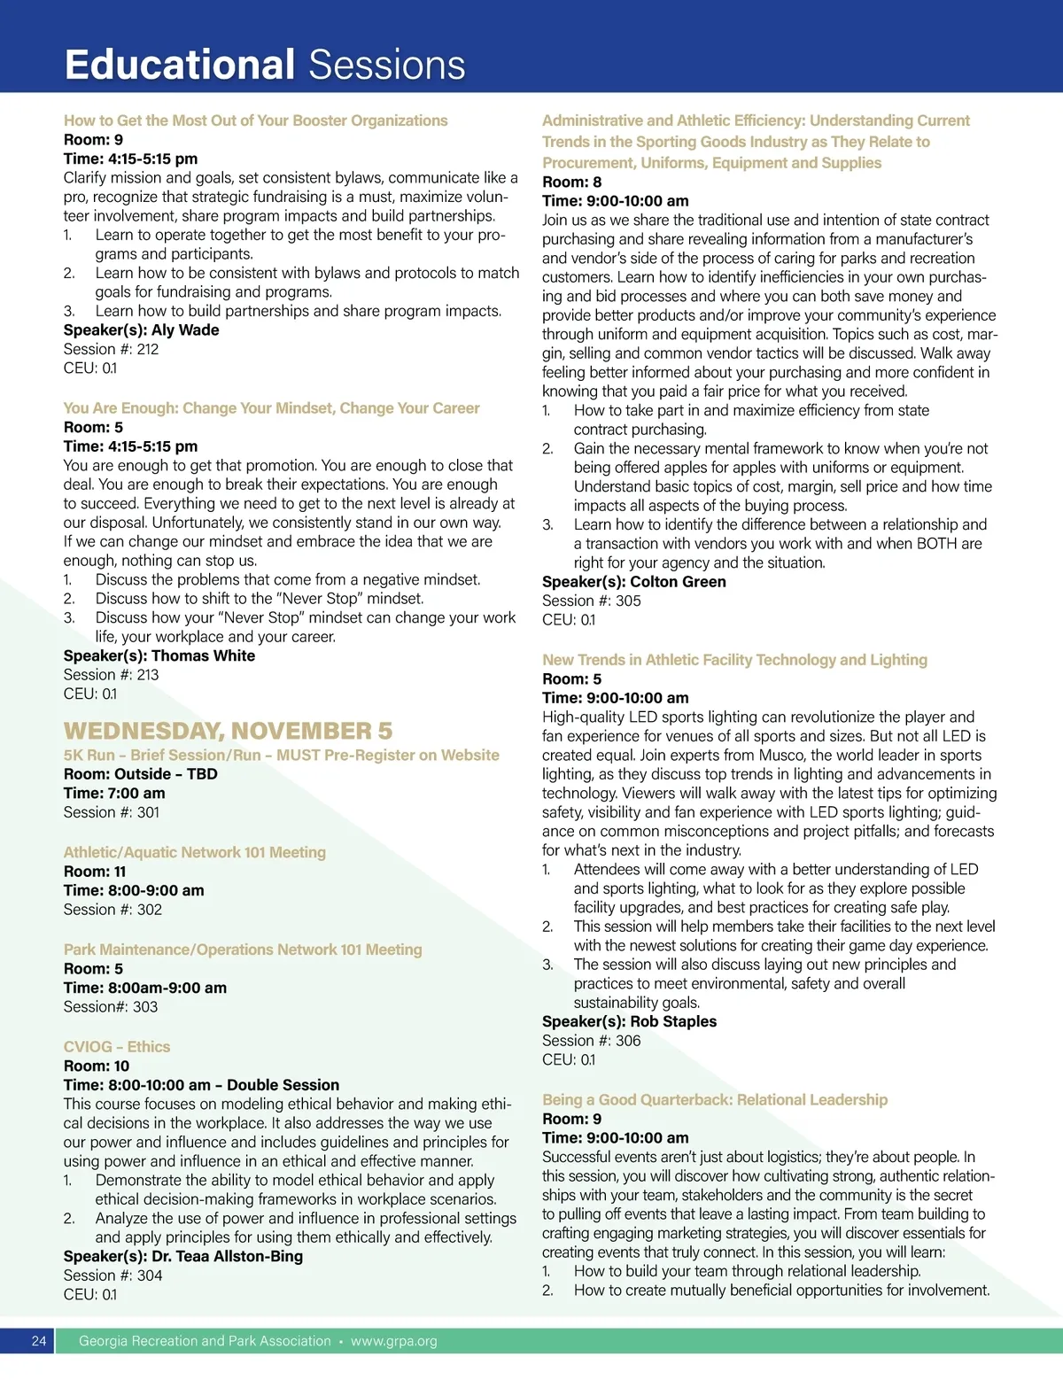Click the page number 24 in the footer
[39, 1341]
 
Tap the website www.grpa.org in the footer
[393, 1341]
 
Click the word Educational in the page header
[180, 66]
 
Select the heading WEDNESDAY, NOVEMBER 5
[228, 731]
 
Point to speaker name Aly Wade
[185, 330]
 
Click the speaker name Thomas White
[203, 656]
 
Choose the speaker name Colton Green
[678, 582]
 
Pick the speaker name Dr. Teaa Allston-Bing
[227, 1257]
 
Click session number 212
[147, 349]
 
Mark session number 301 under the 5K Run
[148, 812]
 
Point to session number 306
[628, 1041]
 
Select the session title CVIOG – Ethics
[116, 1047]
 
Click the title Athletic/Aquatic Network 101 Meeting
[194, 852]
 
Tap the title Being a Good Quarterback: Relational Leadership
[714, 1100]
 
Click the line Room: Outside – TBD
[140, 774]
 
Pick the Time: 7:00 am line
[114, 794]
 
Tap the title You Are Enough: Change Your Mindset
[271, 408]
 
